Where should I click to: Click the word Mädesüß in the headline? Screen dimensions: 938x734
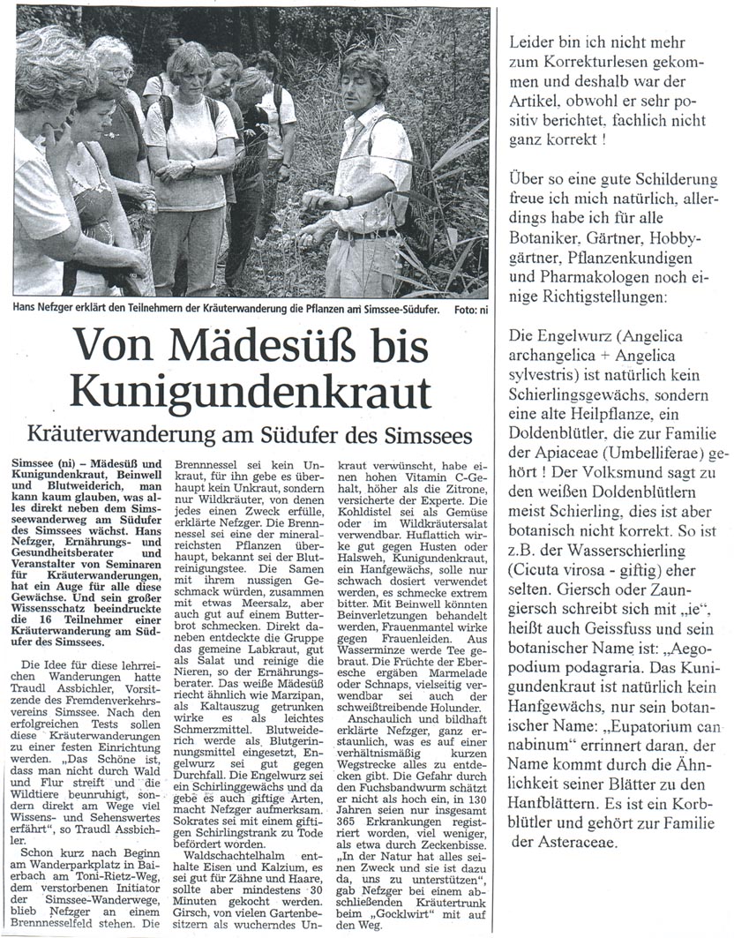pos(225,342)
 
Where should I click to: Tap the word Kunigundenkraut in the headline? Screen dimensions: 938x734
pos(251,389)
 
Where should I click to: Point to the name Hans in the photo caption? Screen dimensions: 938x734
pos(28,309)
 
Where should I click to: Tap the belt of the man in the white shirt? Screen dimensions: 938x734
pos(366,235)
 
